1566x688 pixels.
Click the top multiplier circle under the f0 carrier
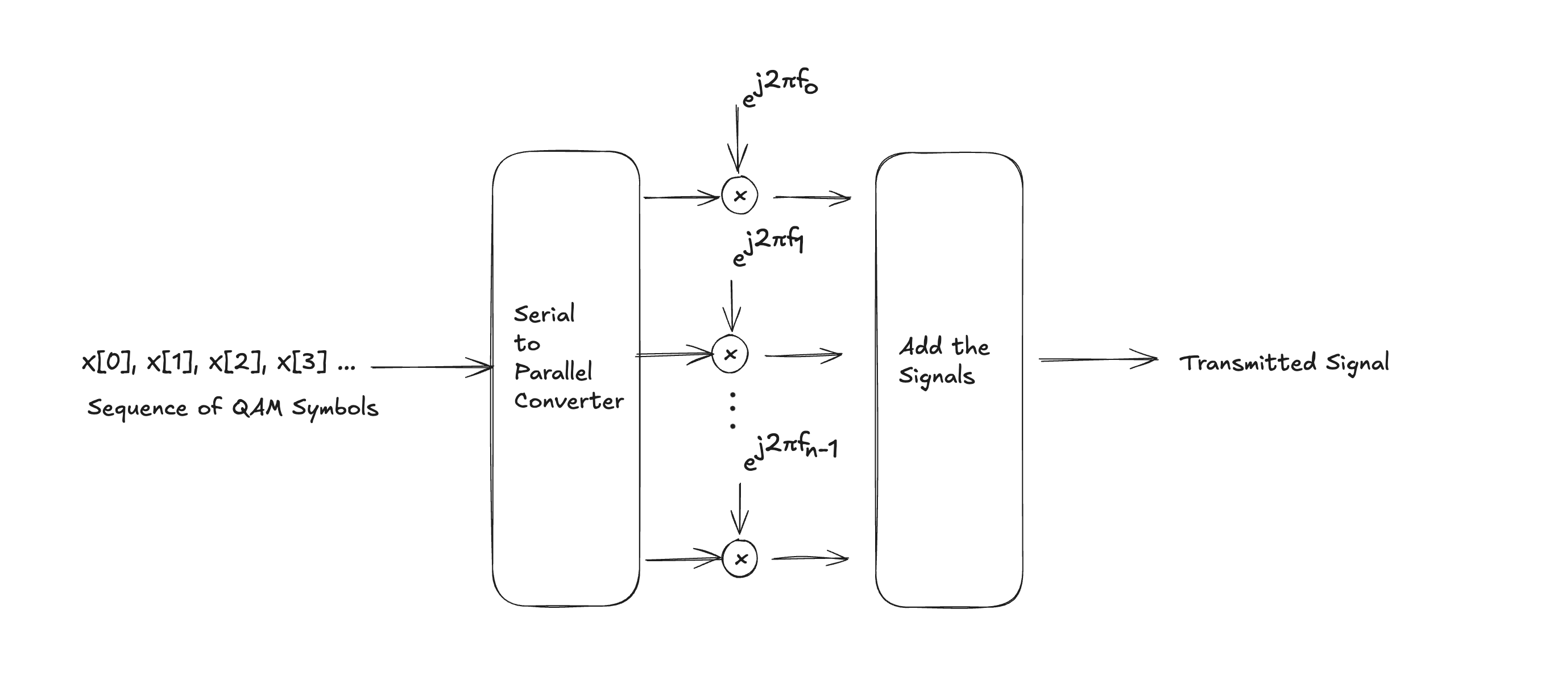pyautogui.click(x=739, y=196)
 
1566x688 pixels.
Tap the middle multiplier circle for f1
pyautogui.click(x=730, y=354)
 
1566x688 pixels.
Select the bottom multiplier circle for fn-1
pyautogui.click(x=740, y=558)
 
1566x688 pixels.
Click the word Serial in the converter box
pyautogui.click(x=544, y=314)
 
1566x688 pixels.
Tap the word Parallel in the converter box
pyautogui.click(x=553, y=371)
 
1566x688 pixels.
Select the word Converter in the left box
pyautogui.click(x=569, y=401)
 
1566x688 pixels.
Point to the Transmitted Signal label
pyautogui.click(x=1284, y=363)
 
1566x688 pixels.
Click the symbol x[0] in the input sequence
pyautogui.click(x=108, y=362)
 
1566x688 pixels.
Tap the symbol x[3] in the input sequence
pyautogui.click(x=301, y=362)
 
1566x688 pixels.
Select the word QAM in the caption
pyautogui.click(x=257, y=408)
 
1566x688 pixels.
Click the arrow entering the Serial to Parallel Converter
pyautogui.click(x=432, y=367)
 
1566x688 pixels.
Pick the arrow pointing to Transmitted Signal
pyautogui.click(x=1097, y=360)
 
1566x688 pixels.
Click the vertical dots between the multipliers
pyautogui.click(x=732, y=411)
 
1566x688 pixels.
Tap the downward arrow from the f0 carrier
pyautogui.click(x=737, y=140)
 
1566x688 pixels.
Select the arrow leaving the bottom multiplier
pyautogui.click(x=810, y=558)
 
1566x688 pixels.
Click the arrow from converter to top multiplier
pyautogui.click(x=681, y=197)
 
